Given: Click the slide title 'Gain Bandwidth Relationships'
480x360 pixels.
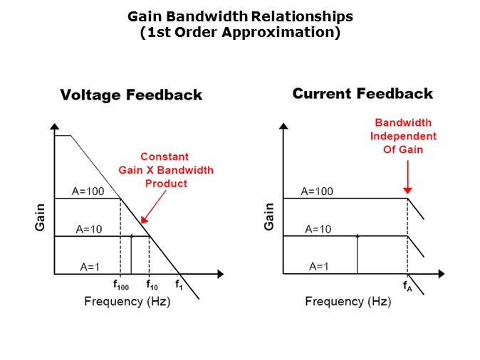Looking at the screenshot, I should click(240, 16).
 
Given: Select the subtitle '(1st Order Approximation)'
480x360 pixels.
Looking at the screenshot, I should click(240, 32).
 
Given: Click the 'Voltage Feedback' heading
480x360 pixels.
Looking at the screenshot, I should click(131, 95).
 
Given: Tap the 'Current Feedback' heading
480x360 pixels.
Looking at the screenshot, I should click(362, 94).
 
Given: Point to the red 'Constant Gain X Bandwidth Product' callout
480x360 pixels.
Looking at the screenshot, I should click(166, 170).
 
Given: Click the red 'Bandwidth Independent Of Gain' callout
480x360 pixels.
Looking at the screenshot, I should click(405, 135).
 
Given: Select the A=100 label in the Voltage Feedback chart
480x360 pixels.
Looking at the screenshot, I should click(89, 191).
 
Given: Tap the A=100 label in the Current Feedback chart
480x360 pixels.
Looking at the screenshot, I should click(317, 191).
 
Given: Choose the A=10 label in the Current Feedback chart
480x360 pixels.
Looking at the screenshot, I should click(318, 229).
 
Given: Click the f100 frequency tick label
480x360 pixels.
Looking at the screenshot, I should click(121, 285).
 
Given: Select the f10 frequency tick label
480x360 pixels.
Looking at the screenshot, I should click(152, 285).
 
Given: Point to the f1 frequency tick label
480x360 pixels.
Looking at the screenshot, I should click(179, 285).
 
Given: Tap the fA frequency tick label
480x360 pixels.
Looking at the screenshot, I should click(407, 286).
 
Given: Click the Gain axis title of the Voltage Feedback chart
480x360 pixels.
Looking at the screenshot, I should click(41, 217).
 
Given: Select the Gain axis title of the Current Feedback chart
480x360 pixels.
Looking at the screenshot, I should click(269, 217).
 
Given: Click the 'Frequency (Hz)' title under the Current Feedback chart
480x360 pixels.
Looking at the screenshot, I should click(348, 302).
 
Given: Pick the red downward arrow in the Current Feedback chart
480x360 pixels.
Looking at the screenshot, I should click(407, 178).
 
